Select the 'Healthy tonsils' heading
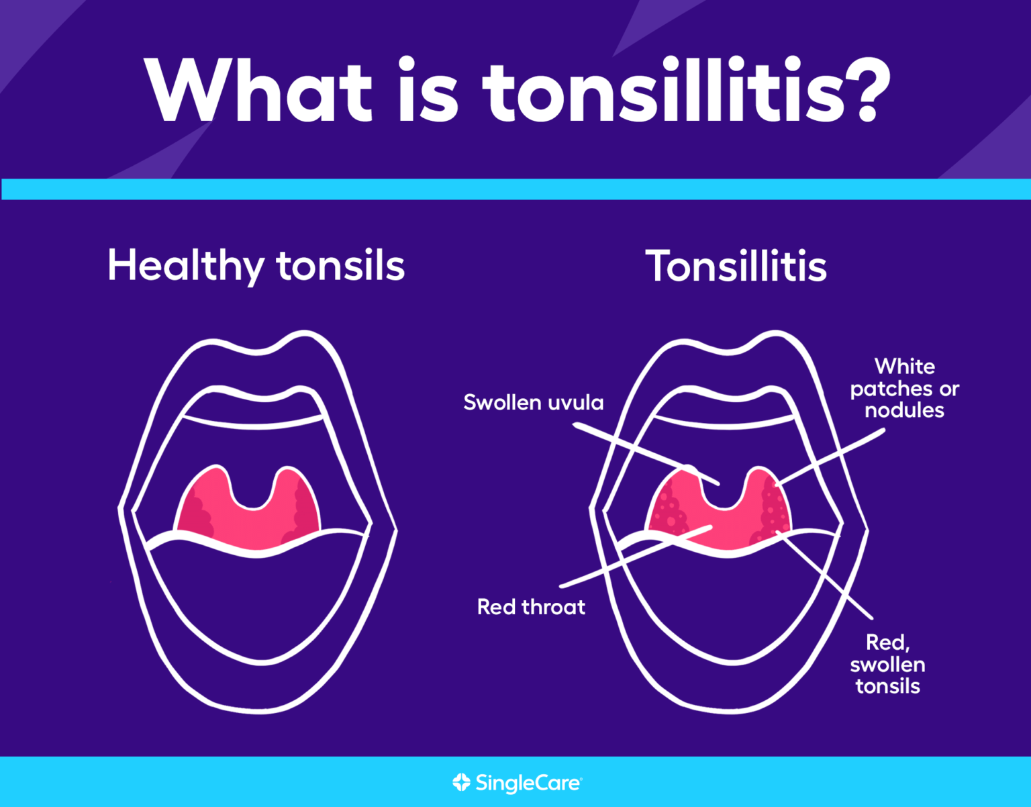pos(256,266)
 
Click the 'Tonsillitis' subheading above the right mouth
pos(736,266)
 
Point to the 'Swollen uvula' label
pos(534,402)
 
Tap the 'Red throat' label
pos(531,607)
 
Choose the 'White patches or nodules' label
pos(904,388)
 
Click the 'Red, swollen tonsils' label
pos(888,664)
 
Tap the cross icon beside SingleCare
pos(461,782)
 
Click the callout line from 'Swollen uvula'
pos(646,454)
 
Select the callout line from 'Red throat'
pos(636,557)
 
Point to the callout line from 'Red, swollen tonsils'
pos(824,575)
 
